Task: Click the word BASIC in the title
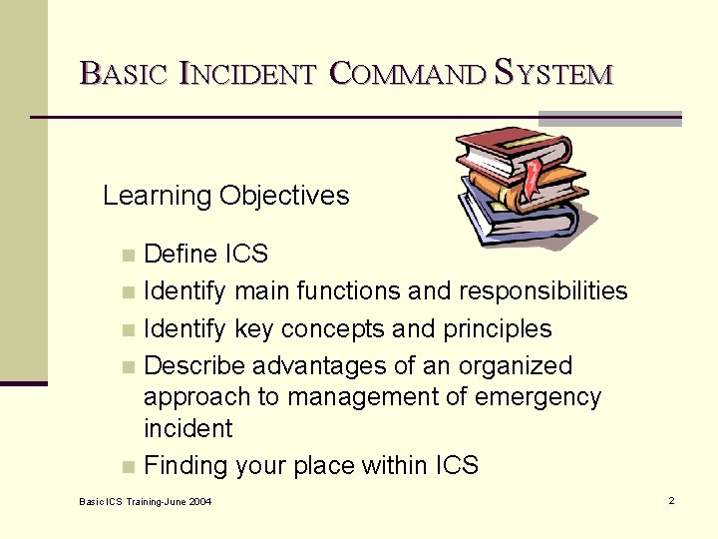click(123, 73)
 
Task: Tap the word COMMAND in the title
click(407, 73)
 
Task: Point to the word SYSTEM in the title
click(553, 73)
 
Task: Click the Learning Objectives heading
click(226, 196)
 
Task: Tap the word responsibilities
click(542, 291)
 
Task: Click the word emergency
click(542, 397)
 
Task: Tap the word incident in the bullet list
click(187, 429)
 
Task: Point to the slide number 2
click(672, 500)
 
